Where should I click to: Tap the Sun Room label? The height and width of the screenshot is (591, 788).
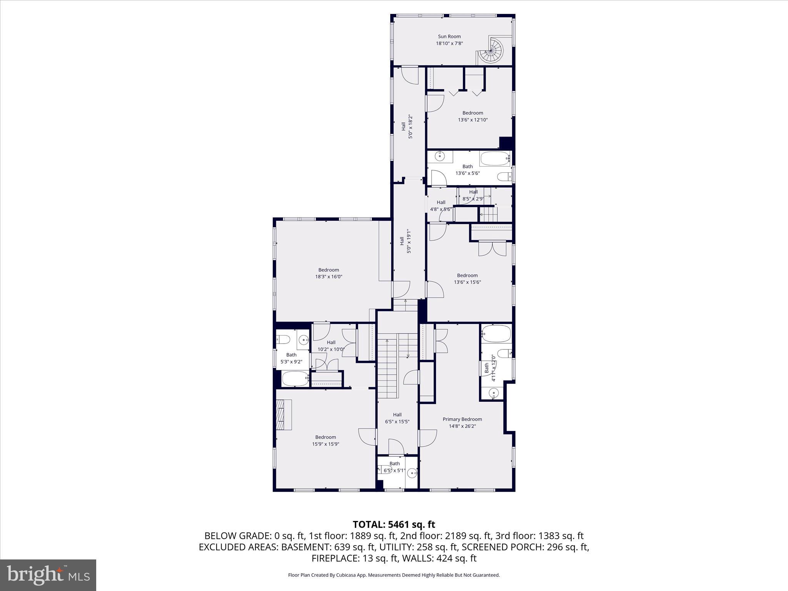449,37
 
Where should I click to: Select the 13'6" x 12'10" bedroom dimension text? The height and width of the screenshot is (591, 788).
472,120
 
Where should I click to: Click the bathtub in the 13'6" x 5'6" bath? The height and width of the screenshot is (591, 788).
494,159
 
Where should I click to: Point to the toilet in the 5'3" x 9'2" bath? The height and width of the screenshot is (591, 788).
284,339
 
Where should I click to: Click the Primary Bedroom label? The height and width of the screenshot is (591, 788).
462,419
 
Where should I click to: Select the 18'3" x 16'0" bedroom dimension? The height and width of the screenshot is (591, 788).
328,277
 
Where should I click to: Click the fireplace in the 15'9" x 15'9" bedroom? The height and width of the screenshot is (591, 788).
284,414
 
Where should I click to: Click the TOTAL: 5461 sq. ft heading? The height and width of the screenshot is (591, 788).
394,524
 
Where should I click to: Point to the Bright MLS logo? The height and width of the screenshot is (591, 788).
48,575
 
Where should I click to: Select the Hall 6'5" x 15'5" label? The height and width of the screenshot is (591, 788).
397,418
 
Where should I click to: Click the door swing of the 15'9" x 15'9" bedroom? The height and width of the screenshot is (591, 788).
367,437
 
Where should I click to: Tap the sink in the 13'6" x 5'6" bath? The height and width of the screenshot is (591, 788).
439,156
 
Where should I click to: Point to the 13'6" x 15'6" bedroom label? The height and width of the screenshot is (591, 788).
467,279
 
